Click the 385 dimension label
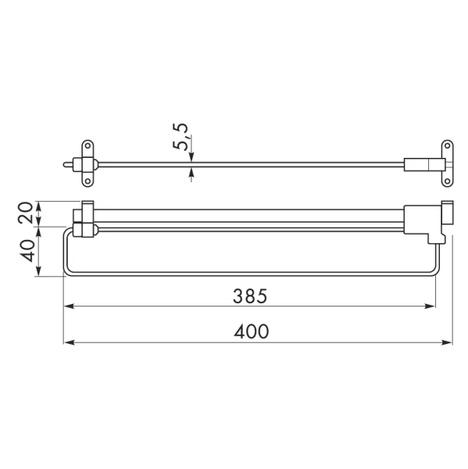coord(250,296)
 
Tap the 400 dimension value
coord(252,331)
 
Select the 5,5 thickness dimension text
coord(180,136)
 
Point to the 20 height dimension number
coord(26,213)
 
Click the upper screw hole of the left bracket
coord(88,145)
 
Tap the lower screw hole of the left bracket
coord(88,181)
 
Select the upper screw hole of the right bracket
coord(448,145)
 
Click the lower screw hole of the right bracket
coord(448,181)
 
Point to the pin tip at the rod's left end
coord(65,164)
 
